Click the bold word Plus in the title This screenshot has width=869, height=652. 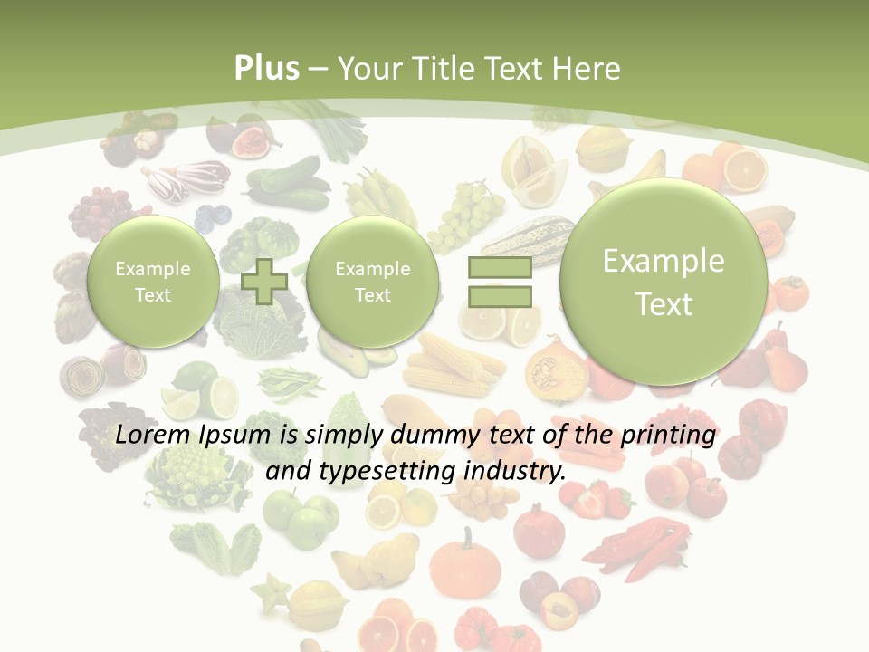266,69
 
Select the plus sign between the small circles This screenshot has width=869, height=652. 264,281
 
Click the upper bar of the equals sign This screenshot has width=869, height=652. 499,267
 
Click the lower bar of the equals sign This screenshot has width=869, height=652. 499,296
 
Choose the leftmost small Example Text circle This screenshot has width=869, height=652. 152,282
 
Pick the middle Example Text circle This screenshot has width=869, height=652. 372,282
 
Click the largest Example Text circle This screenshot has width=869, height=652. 664,282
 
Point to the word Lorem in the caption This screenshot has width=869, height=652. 155,435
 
